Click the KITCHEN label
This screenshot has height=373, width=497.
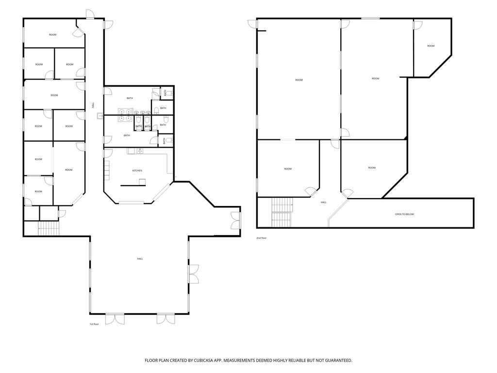137,170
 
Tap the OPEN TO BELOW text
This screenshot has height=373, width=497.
404,214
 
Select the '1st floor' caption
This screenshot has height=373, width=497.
94,324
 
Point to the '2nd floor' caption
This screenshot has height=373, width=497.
262,238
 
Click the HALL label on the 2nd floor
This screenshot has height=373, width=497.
323,203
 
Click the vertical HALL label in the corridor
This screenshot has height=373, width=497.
93,105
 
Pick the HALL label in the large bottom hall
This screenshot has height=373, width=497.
140,259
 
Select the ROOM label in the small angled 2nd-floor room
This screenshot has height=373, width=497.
431,46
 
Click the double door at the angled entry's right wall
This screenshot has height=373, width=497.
236,220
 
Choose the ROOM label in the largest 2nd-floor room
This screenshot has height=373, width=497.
299,80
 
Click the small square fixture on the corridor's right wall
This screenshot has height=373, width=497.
100,116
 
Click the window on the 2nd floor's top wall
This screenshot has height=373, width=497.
370,18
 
